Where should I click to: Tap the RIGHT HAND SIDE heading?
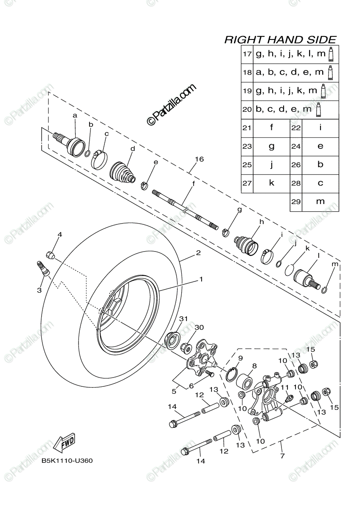coord(280,40)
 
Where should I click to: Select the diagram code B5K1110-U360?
coord(67,461)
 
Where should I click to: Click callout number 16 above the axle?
coord(199,159)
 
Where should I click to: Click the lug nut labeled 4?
coord(50,255)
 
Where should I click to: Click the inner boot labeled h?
coord(247,244)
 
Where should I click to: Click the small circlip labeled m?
coord(325,289)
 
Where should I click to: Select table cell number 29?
coord(296,201)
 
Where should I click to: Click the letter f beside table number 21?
coord(272,128)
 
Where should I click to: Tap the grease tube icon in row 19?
coord(323,91)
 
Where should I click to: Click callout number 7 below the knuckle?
coord(282,456)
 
